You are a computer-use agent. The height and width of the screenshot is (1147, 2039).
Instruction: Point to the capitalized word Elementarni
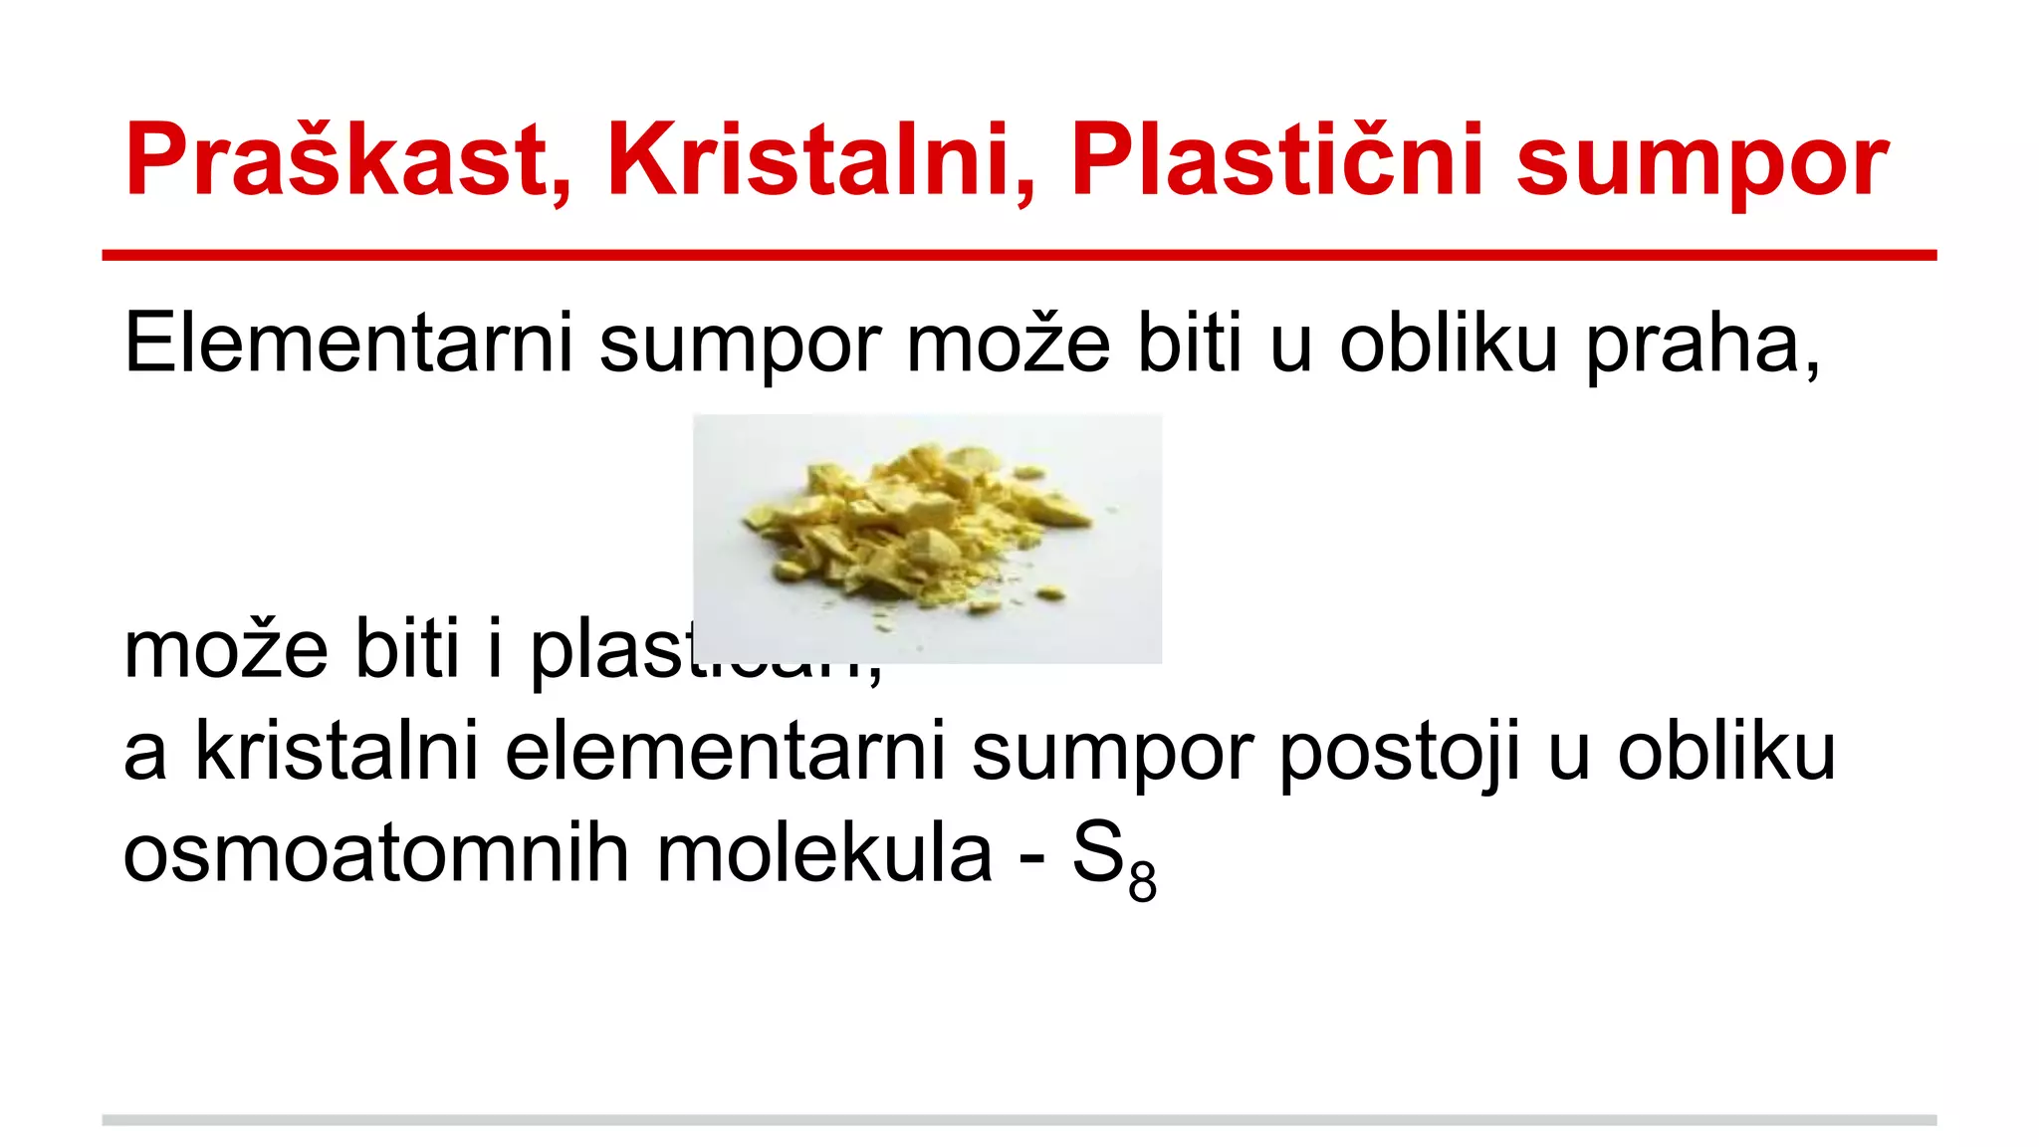point(348,344)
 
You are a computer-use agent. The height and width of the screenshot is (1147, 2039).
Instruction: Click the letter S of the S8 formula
point(1098,854)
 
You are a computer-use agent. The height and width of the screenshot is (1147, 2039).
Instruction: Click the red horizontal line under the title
point(1019,256)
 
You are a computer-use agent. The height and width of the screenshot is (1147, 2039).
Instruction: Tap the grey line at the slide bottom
point(1019,1120)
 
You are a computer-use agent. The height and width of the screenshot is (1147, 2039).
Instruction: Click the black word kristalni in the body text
point(338,752)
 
